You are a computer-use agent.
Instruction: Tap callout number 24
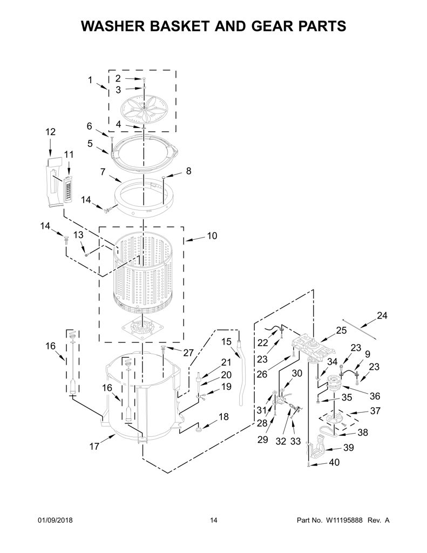[x=382, y=315]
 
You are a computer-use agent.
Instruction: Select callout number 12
[x=50, y=132]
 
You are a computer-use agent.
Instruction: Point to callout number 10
[x=212, y=235]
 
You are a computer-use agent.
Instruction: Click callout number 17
[x=94, y=447]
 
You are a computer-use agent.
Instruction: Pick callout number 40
[x=334, y=462]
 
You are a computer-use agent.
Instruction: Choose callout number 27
[x=188, y=353]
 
